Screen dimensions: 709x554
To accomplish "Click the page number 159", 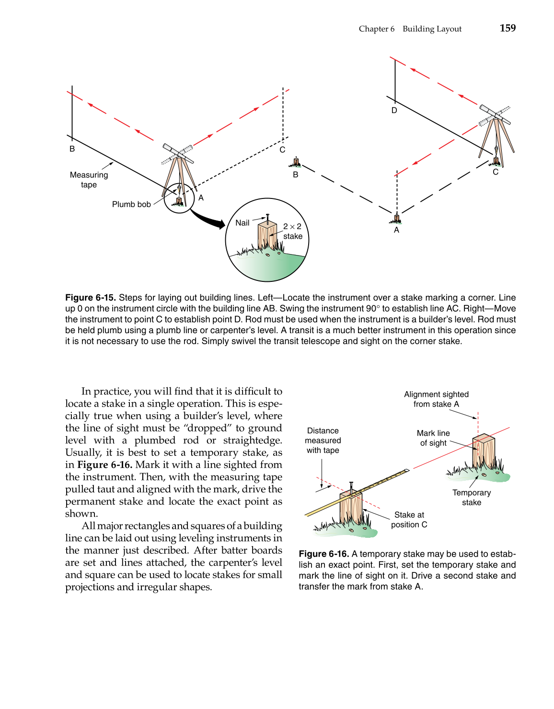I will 508,28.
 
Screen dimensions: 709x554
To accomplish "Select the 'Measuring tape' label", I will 89,180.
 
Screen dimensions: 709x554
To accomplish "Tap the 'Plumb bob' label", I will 131,204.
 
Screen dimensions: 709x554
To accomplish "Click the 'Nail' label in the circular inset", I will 242,223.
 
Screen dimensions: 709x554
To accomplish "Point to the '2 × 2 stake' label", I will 292,231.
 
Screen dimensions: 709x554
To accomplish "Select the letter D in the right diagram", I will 394,111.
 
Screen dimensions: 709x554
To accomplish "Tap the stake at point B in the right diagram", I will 297,162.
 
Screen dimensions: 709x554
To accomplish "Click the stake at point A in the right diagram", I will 396,219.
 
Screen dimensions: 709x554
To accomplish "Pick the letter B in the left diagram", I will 72,149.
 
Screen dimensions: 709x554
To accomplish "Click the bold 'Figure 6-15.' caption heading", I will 91,298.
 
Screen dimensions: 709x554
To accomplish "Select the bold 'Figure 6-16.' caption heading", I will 323,554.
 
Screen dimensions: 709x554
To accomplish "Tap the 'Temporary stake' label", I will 472,498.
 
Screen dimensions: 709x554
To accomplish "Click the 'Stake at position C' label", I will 409,520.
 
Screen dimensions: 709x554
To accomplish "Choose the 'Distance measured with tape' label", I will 323,441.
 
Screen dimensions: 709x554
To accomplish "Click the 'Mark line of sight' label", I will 433,438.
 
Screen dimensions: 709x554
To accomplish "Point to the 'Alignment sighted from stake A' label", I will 436,399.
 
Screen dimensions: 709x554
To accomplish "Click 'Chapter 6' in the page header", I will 377,29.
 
